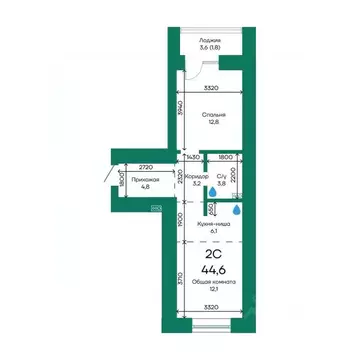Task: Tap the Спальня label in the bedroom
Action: (x=212, y=116)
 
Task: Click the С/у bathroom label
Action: (x=222, y=176)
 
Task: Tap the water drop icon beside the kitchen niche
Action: (x=236, y=210)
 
